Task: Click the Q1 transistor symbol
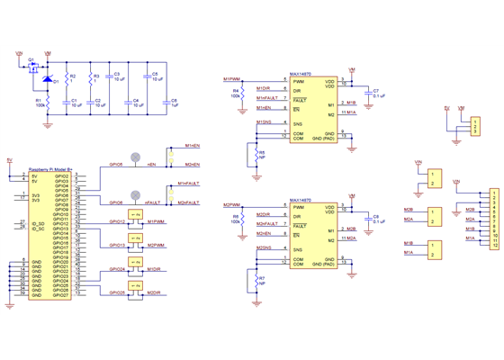point(32,67)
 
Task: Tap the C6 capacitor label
point(174,102)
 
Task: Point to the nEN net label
point(152,166)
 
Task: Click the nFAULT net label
point(154,203)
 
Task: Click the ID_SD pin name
point(37,222)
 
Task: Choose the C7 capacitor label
point(375,91)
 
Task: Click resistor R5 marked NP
point(257,155)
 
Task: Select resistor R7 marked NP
point(257,281)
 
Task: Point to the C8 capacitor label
point(375,216)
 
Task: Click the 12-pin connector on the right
point(491,219)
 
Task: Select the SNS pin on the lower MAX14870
point(296,247)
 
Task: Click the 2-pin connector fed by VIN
point(435,178)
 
